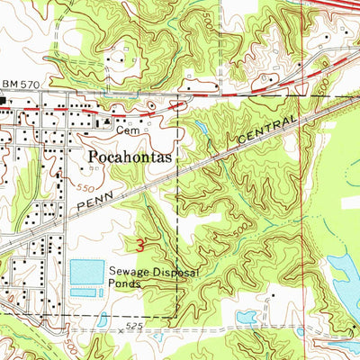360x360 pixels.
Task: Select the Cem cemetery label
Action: tap(126, 129)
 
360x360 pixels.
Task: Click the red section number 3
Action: tap(140, 244)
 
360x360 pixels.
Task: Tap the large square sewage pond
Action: tap(87, 271)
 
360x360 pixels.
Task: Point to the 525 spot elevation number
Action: tap(135, 325)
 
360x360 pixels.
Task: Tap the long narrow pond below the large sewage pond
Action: tap(82, 292)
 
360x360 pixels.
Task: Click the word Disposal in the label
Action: tap(171, 268)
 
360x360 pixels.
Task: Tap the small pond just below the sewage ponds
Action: tap(103, 318)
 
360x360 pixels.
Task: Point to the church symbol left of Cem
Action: tap(107, 121)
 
